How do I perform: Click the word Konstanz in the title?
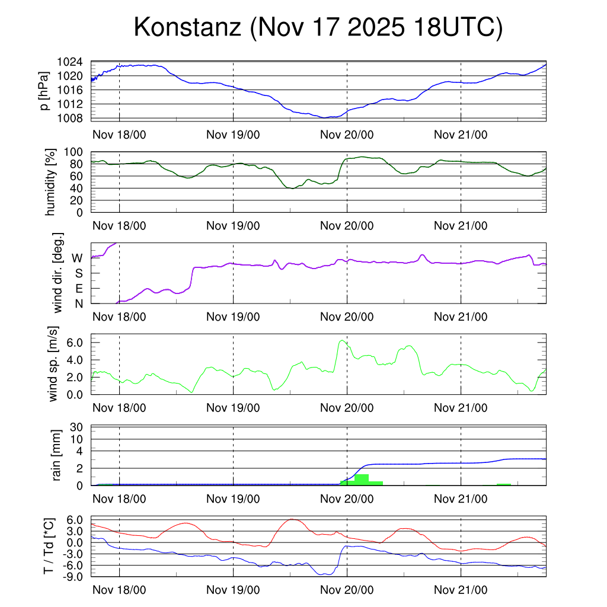[187, 27]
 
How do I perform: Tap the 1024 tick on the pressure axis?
[69, 62]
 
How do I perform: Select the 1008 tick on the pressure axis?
[69, 118]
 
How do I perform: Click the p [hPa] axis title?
[44, 91]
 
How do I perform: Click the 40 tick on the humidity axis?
[78, 188]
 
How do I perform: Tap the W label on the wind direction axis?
[77, 258]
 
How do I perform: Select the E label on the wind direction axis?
[78, 289]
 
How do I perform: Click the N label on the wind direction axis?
[78, 303]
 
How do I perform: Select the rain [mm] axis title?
[56, 455]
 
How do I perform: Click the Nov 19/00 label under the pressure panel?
[233, 134]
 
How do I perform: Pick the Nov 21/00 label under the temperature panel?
[461, 590]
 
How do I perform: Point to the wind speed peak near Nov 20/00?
[341, 340]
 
